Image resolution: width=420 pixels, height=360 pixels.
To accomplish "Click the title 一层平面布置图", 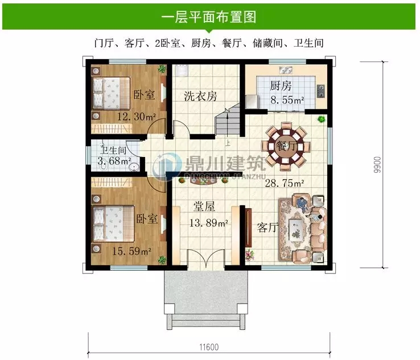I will point(209,16).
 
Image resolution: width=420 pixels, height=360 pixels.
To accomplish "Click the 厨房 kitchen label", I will point(281,86).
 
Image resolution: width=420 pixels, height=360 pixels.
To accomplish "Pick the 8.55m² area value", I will point(287,100).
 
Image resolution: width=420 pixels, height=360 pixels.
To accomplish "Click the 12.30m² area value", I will point(137,117).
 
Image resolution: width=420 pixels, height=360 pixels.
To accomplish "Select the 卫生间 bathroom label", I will point(113,151).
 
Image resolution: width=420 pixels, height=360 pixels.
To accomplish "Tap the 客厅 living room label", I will point(267,227).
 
